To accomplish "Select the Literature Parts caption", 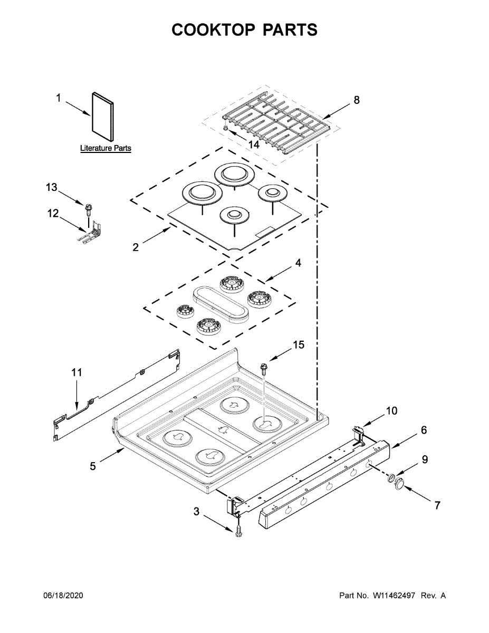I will [106, 149].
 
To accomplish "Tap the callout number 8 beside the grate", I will [357, 100].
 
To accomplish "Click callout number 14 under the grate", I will [254, 144].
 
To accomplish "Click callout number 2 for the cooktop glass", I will [136, 246].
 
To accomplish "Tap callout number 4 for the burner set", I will [298, 262].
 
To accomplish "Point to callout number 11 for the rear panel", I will [77, 372].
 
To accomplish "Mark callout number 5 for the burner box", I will [93, 466].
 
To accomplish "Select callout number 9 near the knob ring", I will [425, 459].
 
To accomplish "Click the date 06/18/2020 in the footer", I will [63, 596].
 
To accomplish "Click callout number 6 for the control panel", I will [424, 430].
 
